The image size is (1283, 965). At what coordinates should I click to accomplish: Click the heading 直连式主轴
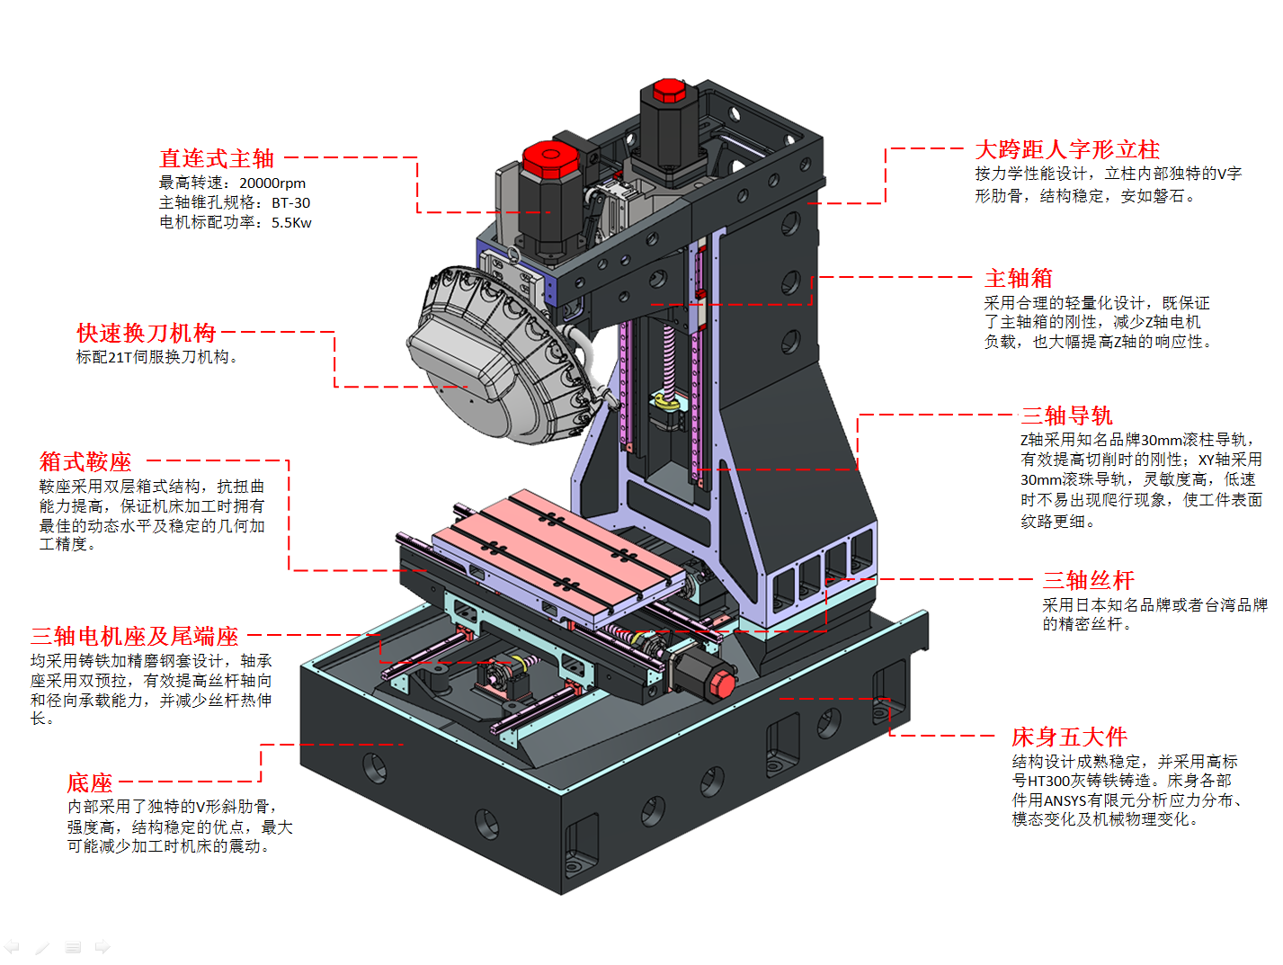click(217, 159)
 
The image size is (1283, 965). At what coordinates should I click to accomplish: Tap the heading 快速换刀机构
click(146, 334)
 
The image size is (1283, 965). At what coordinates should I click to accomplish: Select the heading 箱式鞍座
click(85, 462)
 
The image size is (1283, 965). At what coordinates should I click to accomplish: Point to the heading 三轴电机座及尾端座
click(135, 637)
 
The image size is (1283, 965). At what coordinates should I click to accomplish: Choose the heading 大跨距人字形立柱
click(1067, 150)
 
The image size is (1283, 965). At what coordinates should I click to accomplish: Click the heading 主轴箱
click(1018, 279)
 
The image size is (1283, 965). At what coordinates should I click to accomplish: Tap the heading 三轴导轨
click(1066, 416)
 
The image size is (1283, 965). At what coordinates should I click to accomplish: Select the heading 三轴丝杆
click(1088, 581)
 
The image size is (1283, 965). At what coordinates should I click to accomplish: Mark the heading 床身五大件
click(1069, 737)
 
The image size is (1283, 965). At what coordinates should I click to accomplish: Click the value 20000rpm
click(272, 183)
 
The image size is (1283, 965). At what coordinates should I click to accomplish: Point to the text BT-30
click(290, 203)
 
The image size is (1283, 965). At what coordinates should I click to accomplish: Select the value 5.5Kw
click(291, 223)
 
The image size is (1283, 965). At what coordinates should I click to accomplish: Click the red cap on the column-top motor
click(669, 91)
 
